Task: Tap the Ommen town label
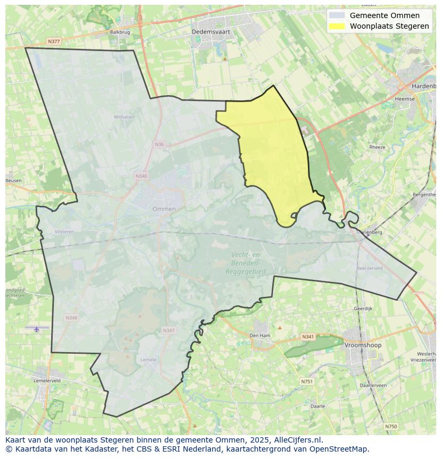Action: point(164,209)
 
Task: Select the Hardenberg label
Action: point(424,86)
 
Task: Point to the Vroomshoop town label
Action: point(363,345)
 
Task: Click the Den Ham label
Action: point(260,336)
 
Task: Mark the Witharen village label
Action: point(124,117)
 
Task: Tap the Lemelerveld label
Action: point(47,381)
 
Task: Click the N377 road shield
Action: point(53,41)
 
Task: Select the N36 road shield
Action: point(159,144)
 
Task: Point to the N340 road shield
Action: point(141,176)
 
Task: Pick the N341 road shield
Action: point(308,337)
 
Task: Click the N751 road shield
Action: point(307,381)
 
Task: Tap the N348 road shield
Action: point(71,318)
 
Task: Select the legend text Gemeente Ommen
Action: point(385,15)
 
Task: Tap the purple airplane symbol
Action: point(37,329)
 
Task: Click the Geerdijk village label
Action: point(363,309)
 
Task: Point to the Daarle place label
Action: point(318,406)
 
